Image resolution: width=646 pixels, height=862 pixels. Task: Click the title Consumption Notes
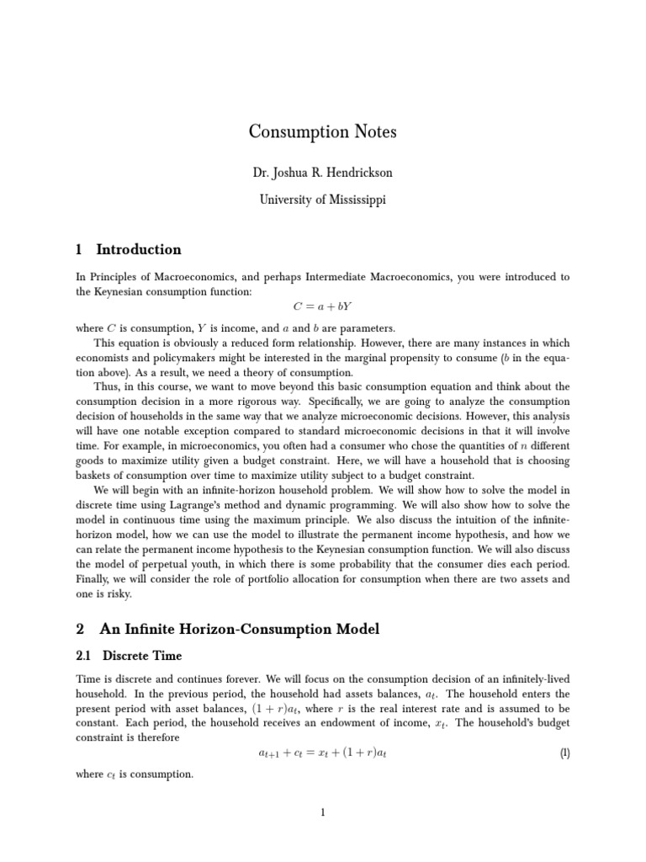pos(323,132)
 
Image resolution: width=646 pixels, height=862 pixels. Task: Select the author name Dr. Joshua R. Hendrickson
pos(323,173)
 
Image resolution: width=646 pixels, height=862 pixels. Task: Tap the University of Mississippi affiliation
pos(323,200)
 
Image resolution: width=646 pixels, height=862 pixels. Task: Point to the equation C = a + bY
pos(323,308)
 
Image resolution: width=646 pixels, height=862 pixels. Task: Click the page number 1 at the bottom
pos(322,812)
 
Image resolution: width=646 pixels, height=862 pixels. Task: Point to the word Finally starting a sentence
pos(94,578)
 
